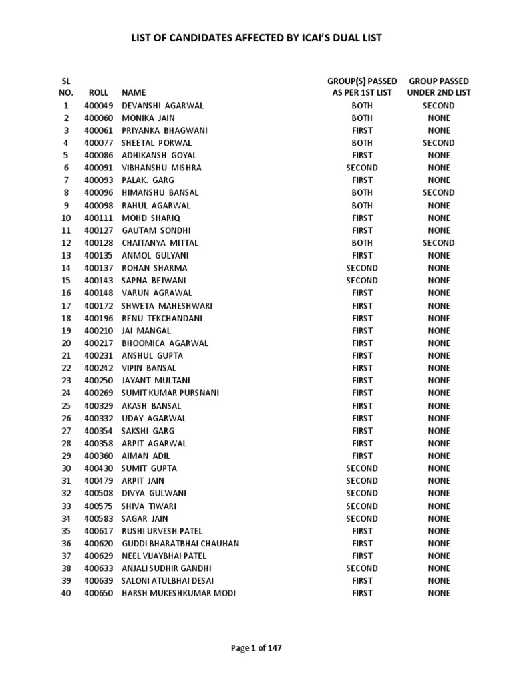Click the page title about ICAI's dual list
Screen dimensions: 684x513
[x=256, y=38]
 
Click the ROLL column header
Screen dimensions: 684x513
[x=98, y=93]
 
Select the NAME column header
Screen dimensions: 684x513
[x=133, y=93]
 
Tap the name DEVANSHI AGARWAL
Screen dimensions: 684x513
[x=162, y=106]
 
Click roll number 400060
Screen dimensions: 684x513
[x=98, y=118]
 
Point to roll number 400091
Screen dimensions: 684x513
[x=98, y=168]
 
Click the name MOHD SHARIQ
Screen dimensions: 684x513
[x=151, y=218]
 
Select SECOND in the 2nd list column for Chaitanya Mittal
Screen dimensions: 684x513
[x=439, y=243]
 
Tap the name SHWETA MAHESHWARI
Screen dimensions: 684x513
[x=167, y=305]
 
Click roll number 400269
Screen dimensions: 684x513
[x=98, y=393]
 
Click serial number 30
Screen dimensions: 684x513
[x=66, y=468]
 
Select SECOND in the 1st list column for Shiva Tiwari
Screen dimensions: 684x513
[x=362, y=506]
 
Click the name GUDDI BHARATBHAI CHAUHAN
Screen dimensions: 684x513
[x=180, y=543]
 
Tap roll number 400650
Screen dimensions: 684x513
[x=98, y=593]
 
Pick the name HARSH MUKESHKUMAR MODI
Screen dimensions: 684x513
[x=178, y=593]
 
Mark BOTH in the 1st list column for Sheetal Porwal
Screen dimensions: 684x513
[x=362, y=143]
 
